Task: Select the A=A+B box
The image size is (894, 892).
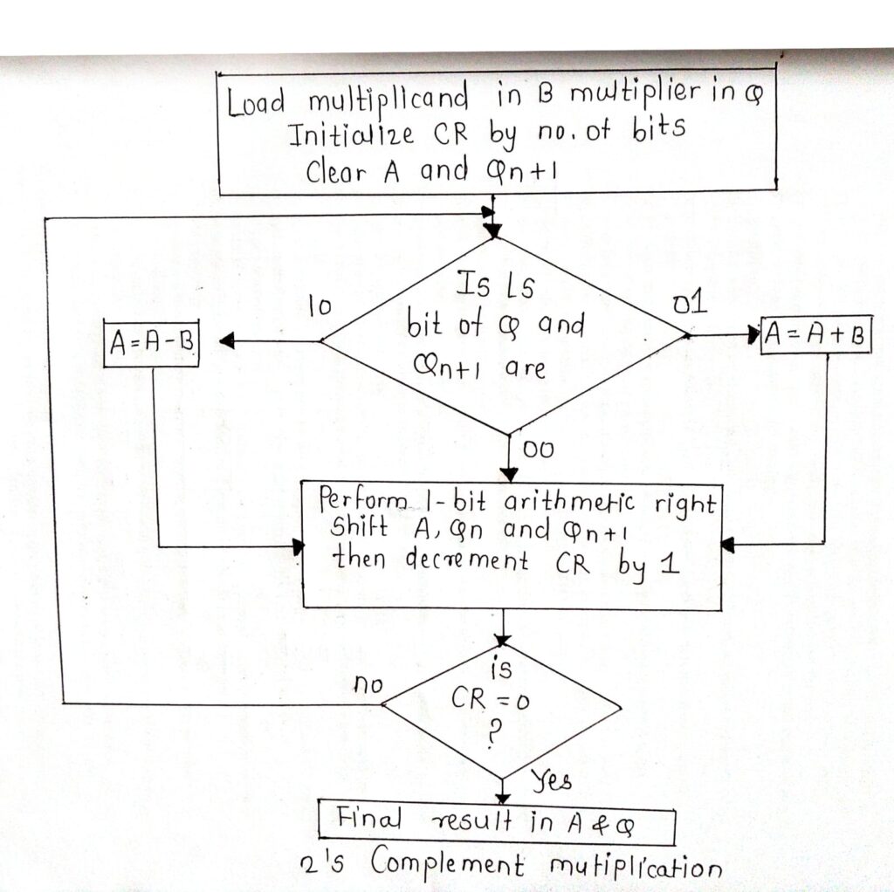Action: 815,334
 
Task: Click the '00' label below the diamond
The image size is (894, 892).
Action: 540,449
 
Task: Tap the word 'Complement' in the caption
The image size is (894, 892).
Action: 448,864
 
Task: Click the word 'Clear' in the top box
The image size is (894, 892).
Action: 340,170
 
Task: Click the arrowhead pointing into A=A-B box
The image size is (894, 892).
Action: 226,342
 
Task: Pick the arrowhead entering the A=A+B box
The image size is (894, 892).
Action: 753,333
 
